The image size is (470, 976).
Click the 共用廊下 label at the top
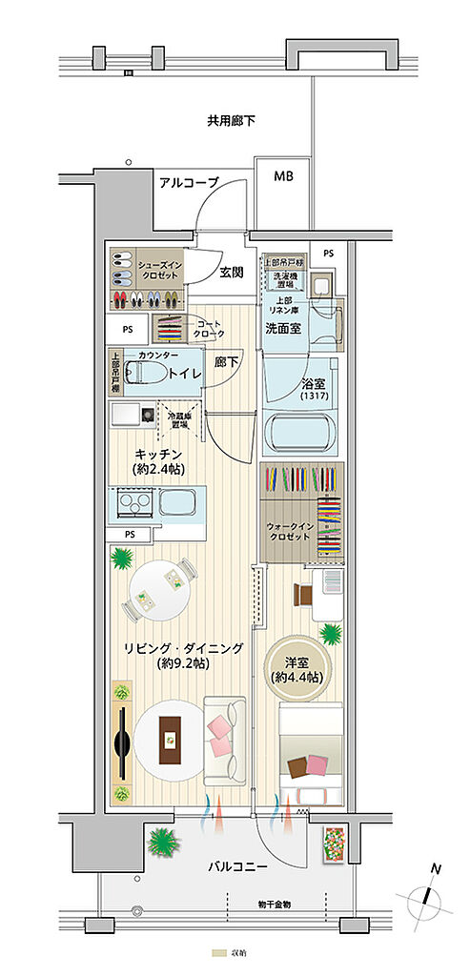[231, 121]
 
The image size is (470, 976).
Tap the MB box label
[284, 177]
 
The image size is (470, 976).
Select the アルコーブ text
[189, 182]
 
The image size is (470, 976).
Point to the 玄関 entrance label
[232, 272]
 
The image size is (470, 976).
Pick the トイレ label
[185, 374]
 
